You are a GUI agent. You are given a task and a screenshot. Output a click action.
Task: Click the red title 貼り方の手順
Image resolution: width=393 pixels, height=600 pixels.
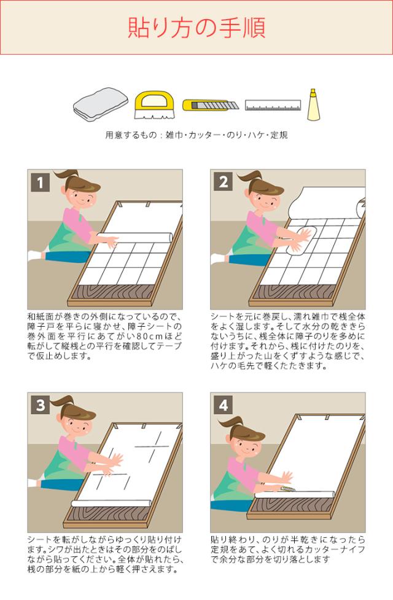coord(196,27)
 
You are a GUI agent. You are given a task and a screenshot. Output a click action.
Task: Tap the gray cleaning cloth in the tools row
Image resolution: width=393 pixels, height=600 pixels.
coord(101,104)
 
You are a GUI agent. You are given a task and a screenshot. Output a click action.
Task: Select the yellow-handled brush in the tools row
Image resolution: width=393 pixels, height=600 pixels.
coord(154,104)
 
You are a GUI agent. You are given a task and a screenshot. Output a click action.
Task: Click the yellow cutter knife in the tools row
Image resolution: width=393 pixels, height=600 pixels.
coord(210,104)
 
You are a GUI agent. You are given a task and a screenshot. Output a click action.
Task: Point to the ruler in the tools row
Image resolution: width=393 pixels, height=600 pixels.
coord(273,105)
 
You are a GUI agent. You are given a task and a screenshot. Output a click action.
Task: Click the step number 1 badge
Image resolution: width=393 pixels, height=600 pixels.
coord(41,182)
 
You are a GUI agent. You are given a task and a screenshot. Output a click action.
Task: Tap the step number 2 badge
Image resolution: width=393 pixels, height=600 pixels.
coord(224,182)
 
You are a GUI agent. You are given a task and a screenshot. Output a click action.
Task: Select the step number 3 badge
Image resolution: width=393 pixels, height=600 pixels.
coord(41,405)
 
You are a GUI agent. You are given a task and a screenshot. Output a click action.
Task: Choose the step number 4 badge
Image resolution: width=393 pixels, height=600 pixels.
coord(224,405)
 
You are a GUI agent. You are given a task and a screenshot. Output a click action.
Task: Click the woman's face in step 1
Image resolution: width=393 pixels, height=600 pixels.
coord(80,198)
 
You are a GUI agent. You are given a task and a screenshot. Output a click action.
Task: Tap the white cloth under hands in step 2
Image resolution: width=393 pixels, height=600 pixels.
coord(301,240)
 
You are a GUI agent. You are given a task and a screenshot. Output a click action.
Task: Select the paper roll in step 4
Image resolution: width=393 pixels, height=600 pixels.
coord(295,494)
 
